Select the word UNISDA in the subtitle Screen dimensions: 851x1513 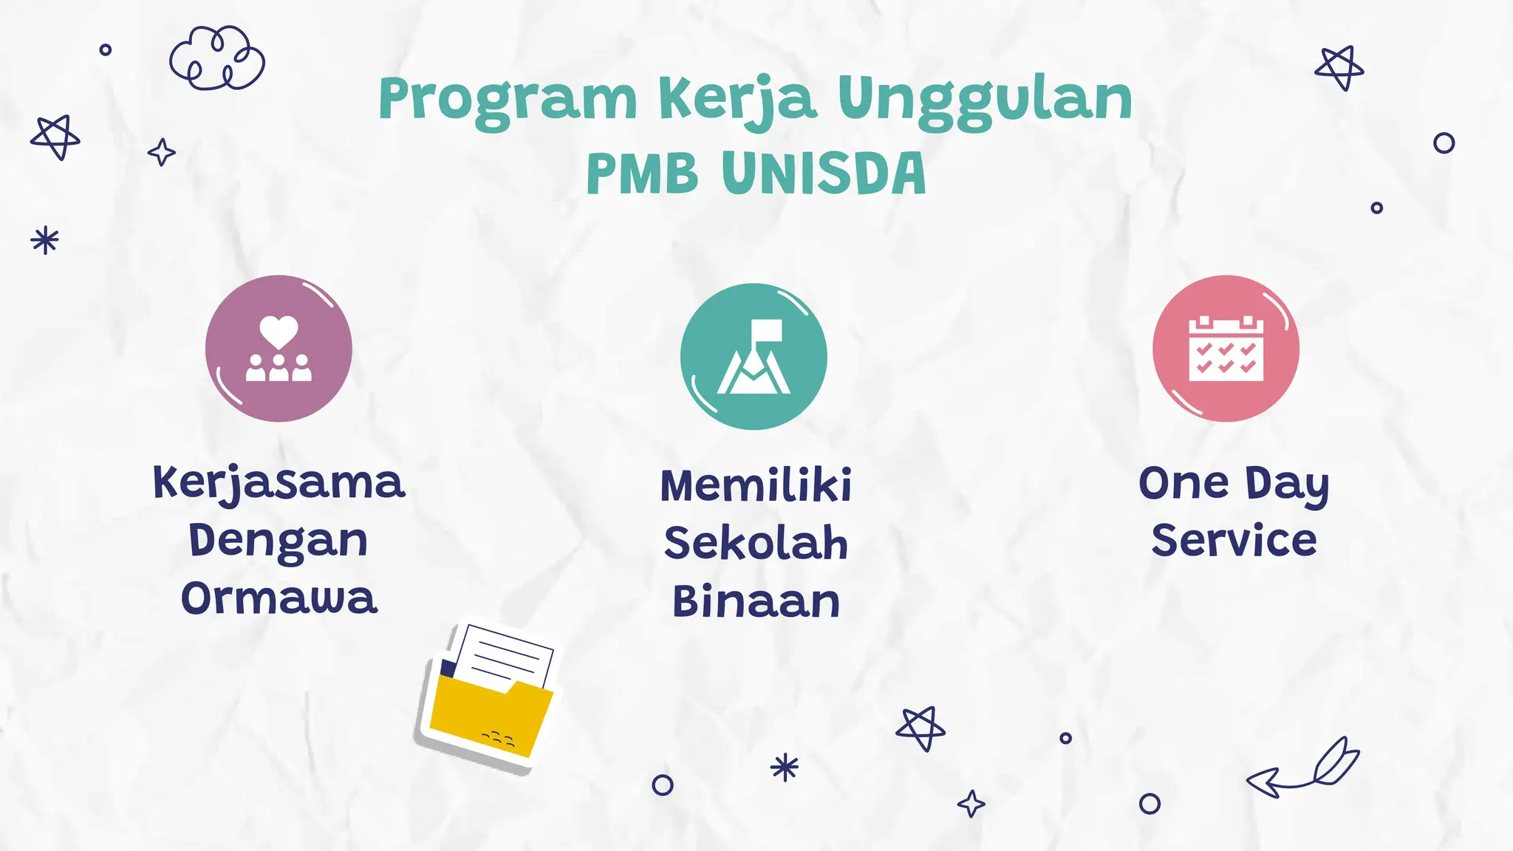click(823, 174)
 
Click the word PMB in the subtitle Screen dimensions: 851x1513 click(641, 174)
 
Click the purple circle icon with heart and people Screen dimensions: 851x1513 click(279, 349)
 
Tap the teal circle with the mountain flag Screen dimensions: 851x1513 click(754, 356)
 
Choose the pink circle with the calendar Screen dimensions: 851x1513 click(1226, 349)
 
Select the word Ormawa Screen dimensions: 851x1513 click(279, 598)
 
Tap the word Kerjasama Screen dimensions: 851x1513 click(279, 483)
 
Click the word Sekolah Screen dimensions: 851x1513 click(756, 543)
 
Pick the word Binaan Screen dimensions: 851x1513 click(756, 601)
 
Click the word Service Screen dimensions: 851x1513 click(1234, 540)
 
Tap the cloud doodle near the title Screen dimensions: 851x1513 click(216, 58)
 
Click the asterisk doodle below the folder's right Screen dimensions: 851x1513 click(785, 768)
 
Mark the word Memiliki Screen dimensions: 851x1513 click(756, 485)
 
